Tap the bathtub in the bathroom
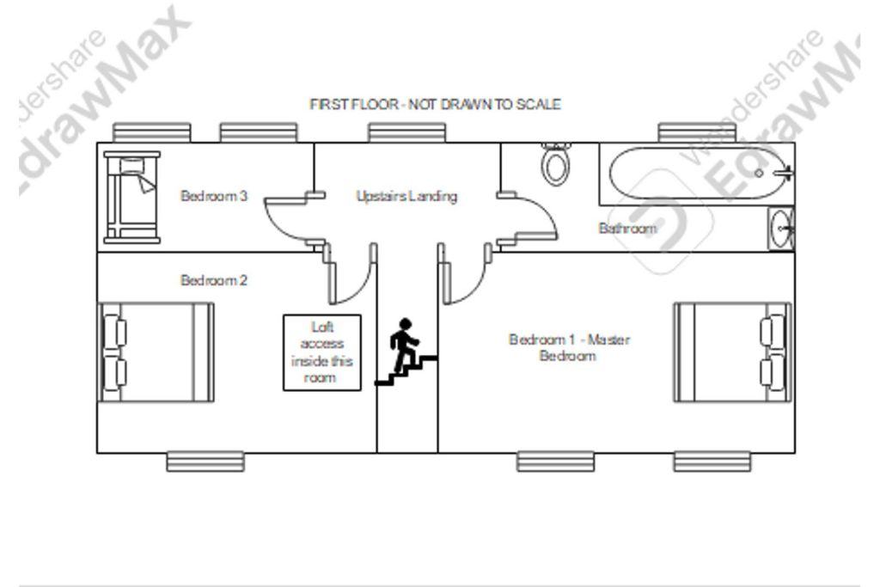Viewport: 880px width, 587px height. pos(696,174)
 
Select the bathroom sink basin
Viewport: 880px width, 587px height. pos(780,229)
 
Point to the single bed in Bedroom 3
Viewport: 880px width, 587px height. pos(131,197)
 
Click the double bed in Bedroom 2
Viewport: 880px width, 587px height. pos(156,352)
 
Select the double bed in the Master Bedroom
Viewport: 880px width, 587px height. pos(732,352)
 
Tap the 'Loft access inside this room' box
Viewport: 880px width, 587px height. pos(322,352)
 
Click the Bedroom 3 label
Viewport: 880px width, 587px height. pos(214,196)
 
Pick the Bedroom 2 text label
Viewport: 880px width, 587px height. pos(214,279)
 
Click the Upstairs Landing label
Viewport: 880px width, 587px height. pos(406,196)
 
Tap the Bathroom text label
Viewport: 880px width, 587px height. pos(627,228)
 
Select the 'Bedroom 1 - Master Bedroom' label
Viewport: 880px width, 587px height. pos(569,347)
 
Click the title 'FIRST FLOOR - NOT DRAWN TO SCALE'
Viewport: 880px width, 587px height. pos(436,104)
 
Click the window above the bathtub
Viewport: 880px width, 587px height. pos(697,132)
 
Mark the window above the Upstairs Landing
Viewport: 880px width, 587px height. pos(406,132)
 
